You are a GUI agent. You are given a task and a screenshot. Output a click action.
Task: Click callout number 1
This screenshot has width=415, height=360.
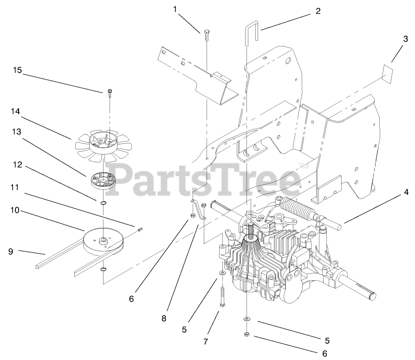175,9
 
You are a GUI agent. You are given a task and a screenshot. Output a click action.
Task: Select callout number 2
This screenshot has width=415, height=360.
318,12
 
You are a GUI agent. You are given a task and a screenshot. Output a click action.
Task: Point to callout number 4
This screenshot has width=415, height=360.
406,191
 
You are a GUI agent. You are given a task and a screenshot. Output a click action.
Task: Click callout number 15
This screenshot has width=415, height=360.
17,70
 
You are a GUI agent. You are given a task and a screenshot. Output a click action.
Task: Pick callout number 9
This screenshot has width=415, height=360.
10,251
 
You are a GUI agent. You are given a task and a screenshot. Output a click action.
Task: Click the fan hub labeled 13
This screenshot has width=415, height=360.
103,180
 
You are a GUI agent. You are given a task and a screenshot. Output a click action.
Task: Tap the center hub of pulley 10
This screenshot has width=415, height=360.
102,241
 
